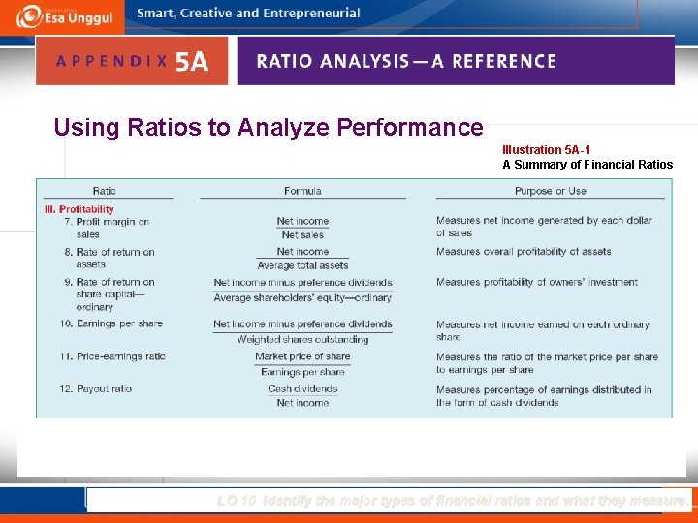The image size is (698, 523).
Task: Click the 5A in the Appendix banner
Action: [x=191, y=62]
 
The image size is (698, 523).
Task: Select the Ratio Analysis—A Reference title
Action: [x=406, y=61]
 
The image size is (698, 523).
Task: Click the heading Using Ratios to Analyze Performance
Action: [x=269, y=127]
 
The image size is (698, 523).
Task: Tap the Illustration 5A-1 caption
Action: [x=546, y=150]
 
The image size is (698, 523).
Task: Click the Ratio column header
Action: [x=105, y=191]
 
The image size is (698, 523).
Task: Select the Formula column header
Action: [x=302, y=191]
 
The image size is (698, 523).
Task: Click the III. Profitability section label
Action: [x=79, y=209]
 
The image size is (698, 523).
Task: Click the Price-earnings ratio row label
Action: [x=112, y=356]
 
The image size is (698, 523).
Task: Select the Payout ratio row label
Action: [x=96, y=388]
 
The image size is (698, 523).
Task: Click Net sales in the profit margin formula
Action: [x=302, y=235]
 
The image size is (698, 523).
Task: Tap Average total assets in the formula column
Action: [x=302, y=265]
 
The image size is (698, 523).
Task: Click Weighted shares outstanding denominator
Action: [x=302, y=339]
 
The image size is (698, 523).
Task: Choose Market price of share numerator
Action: [x=302, y=356]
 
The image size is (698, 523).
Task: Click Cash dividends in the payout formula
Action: [x=302, y=388]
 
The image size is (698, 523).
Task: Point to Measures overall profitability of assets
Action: [x=523, y=252]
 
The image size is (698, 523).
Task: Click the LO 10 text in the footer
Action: [x=237, y=501]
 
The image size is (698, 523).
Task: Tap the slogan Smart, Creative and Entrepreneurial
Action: [x=248, y=14]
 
